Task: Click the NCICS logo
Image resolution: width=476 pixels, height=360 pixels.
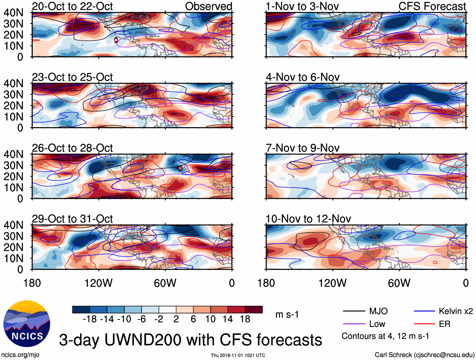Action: click(x=27, y=323)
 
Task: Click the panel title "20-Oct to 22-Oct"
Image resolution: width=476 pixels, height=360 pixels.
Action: click(x=72, y=6)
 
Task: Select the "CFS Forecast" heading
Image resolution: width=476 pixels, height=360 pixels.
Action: click(x=432, y=6)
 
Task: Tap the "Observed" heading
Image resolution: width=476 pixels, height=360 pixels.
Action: click(x=208, y=6)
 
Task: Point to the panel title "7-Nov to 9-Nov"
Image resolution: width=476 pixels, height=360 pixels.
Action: click(x=303, y=148)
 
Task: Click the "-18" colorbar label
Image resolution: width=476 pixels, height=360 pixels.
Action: click(x=90, y=319)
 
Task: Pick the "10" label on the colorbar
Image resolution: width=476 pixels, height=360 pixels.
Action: click(x=210, y=319)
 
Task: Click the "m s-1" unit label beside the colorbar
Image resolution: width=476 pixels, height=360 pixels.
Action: click(x=287, y=314)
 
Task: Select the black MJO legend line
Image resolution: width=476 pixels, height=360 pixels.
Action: click(x=354, y=311)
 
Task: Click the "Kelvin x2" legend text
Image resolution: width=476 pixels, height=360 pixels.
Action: click(x=456, y=311)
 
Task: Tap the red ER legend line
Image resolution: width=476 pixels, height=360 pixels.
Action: click(x=424, y=324)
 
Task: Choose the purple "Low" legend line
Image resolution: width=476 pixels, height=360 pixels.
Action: click(x=354, y=324)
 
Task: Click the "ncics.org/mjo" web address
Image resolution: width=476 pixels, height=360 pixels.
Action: click(x=20, y=355)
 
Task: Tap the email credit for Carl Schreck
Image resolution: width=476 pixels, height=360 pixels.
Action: click(x=424, y=355)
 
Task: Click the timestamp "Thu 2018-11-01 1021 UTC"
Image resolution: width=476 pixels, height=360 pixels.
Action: click(x=238, y=355)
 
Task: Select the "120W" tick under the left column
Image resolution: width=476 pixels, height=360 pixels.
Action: click(x=98, y=283)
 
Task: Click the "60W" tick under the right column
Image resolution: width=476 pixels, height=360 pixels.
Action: click(x=399, y=283)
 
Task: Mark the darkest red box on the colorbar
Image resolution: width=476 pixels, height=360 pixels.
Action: click(x=254, y=310)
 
